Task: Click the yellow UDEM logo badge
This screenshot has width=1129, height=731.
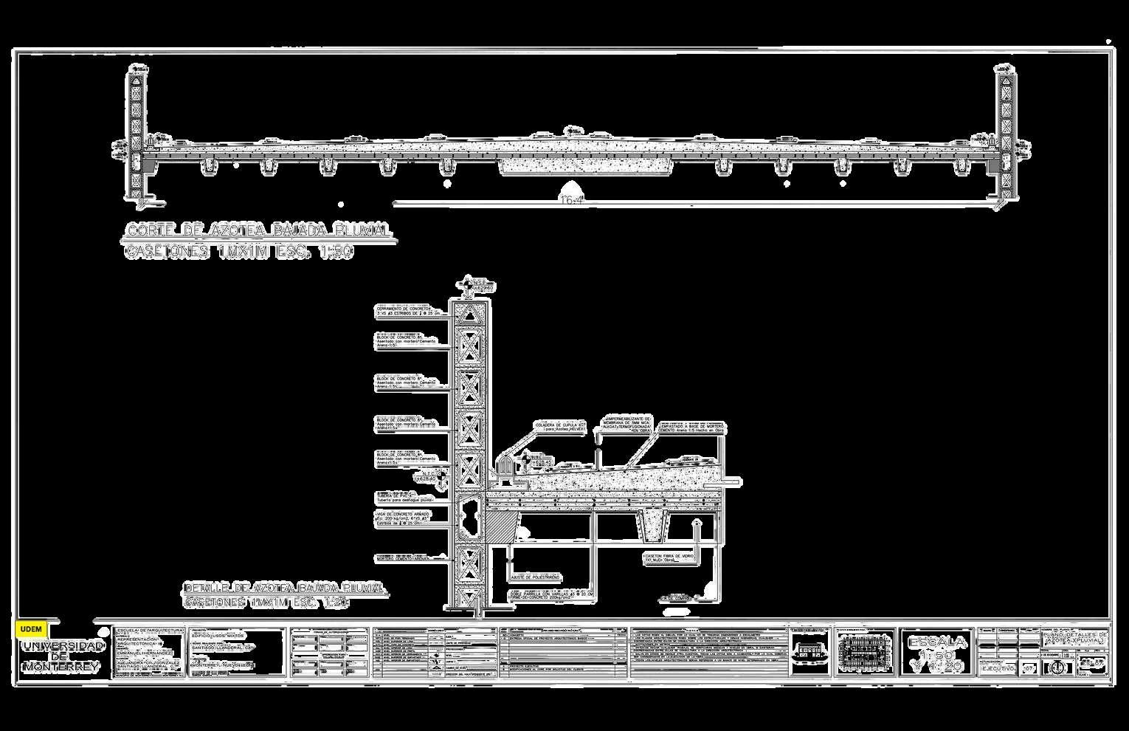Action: pos(30,629)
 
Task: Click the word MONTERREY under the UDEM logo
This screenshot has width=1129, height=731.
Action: pos(61,666)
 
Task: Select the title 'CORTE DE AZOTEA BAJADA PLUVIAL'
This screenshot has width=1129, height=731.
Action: pos(258,230)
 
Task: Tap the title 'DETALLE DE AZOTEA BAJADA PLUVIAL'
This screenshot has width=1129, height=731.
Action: pos(285,588)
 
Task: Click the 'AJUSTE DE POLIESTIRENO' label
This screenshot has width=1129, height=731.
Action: pos(536,576)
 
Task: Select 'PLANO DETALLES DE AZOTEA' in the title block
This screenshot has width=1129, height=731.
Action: pos(1074,637)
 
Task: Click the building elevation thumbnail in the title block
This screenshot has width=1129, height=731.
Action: pos(809,651)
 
